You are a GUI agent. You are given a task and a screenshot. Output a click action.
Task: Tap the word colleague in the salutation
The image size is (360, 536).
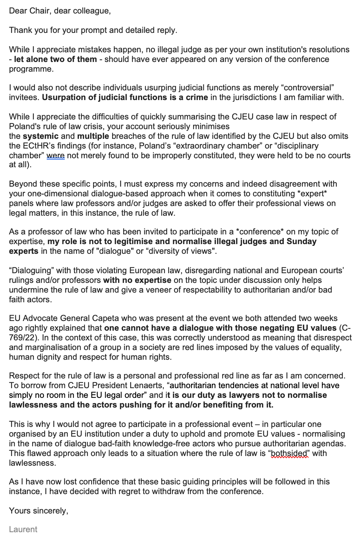(x=92, y=11)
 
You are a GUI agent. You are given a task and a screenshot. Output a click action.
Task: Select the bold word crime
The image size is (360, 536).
(x=197, y=97)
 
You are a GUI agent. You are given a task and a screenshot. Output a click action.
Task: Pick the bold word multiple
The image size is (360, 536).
(x=93, y=136)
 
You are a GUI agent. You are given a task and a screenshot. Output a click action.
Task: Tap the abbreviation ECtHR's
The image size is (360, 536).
(x=39, y=146)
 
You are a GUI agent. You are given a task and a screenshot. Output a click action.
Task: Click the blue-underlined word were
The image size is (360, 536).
(x=55, y=155)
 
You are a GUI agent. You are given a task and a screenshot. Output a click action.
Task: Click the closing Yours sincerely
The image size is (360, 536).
(x=38, y=511)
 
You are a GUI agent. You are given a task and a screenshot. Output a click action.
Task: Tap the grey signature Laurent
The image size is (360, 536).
(x=23, y=529)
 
